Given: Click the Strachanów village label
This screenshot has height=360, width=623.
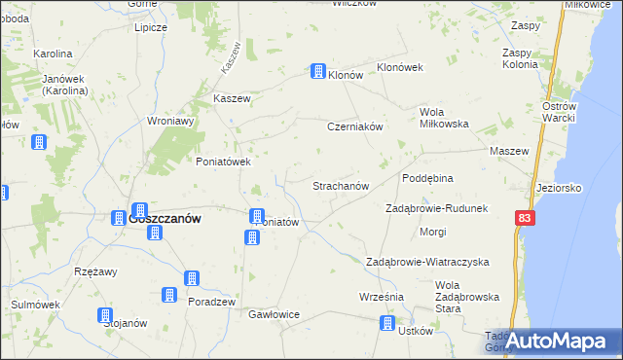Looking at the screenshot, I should click(x=340, y=185).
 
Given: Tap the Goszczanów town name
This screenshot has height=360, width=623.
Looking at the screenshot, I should click(x=165, y=220).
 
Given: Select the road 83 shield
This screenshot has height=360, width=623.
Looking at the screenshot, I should click(x=526, y=221).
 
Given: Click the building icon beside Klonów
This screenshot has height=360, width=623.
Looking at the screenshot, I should click(x=317, y=71).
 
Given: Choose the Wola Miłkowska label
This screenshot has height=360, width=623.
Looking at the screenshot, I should click(x=444, y=118).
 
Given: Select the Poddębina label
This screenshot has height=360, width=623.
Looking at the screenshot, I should click(x=428, y=179).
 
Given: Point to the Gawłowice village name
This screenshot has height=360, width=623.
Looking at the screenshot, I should click(x=274, y=315).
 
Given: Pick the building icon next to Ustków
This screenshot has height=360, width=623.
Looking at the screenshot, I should click(x=389, y=323).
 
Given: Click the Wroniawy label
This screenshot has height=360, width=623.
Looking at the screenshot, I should click(x=170, y=122).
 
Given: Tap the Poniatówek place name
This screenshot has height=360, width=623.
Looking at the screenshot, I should click(x=224, y=162).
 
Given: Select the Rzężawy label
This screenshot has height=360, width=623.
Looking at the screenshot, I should click(x=96, y=272).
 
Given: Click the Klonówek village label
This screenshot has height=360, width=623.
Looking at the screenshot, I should click(x=399, y=67).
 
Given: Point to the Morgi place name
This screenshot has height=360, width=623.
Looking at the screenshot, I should click(x=432, y=233).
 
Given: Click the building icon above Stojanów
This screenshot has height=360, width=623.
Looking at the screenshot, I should click(x=104, y=314).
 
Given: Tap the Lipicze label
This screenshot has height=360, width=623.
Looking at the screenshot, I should click(x=152, y=27).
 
